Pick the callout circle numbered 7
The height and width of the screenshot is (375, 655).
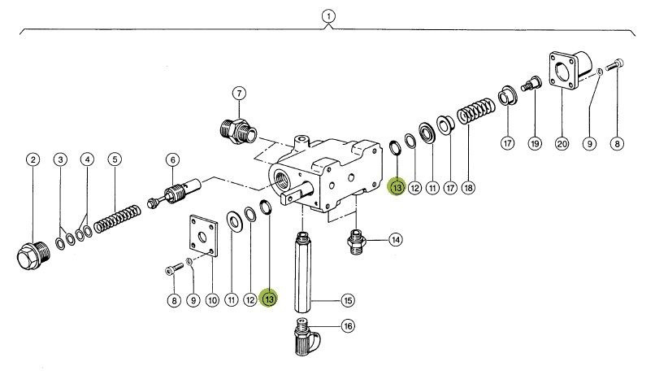tap(239, 93)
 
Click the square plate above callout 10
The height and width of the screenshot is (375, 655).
tap(201, 236)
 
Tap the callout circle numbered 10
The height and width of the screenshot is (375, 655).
tap(211, 300)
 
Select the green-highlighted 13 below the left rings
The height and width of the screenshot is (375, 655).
tap(269, 300)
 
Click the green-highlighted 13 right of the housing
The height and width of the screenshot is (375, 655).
tap(397, 188)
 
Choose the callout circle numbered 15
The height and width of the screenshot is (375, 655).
tap(347, 300)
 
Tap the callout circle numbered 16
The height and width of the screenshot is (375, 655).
tap(347, 326)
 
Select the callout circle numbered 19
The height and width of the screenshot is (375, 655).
tap(535, 143)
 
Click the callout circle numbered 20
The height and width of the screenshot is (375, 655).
tap(562, 143)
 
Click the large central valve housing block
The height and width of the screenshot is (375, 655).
tap(325, 175)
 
